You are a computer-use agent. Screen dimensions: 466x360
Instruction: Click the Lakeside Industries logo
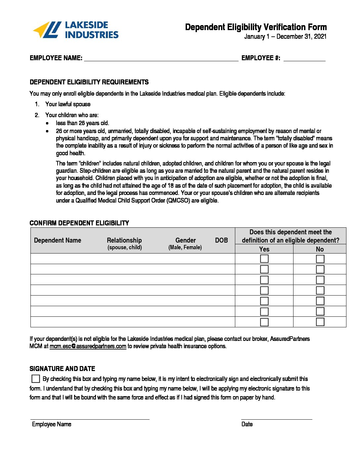(76, 30)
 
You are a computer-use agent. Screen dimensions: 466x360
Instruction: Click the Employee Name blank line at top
(161, 58)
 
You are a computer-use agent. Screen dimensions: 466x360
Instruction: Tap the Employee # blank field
(304, 58)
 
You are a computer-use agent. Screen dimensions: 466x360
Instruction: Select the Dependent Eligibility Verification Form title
(256, 27)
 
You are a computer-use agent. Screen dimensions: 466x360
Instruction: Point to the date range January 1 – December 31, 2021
(285, 37)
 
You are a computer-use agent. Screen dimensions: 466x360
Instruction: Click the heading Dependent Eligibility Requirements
(89, 82)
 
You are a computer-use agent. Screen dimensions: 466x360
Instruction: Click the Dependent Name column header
(58, 240)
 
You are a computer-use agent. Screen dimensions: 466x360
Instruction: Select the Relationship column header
(124, 240)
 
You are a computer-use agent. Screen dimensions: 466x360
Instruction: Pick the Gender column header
(185, 240)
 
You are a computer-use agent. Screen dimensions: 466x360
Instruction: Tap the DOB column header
(221, 240)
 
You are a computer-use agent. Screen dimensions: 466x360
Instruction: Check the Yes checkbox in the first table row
(264, 259)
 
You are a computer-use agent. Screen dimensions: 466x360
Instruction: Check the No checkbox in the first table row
(320, 259)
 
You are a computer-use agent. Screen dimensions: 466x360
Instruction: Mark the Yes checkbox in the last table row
(264, 322)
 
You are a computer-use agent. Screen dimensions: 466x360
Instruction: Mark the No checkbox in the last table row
(320, 322)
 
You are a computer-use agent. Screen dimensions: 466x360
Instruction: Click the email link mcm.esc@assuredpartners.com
(88, 346)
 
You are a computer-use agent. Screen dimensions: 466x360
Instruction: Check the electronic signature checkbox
(36, 379)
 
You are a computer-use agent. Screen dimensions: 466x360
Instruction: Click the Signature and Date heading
(62, 369)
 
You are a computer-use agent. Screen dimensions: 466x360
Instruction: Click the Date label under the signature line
(247, 424)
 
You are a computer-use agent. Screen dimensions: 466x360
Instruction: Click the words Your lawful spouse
(68, 104)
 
